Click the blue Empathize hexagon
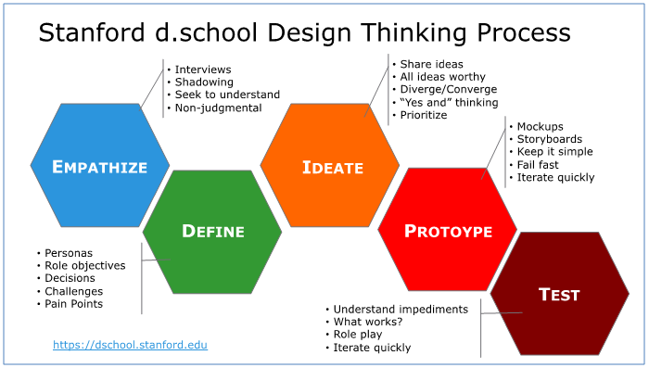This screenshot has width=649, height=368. click(x=100, y=167)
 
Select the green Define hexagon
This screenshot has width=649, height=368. click(x=212, y=232)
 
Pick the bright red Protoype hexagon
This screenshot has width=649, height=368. click(x=448, y=232)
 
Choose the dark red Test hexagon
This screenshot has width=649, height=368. click(x=559, y=295)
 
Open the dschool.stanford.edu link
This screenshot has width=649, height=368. click(x=130, y=345)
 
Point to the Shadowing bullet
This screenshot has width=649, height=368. click(x=203, y=82)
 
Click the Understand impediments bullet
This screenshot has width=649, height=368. click(x=401, y=309)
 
